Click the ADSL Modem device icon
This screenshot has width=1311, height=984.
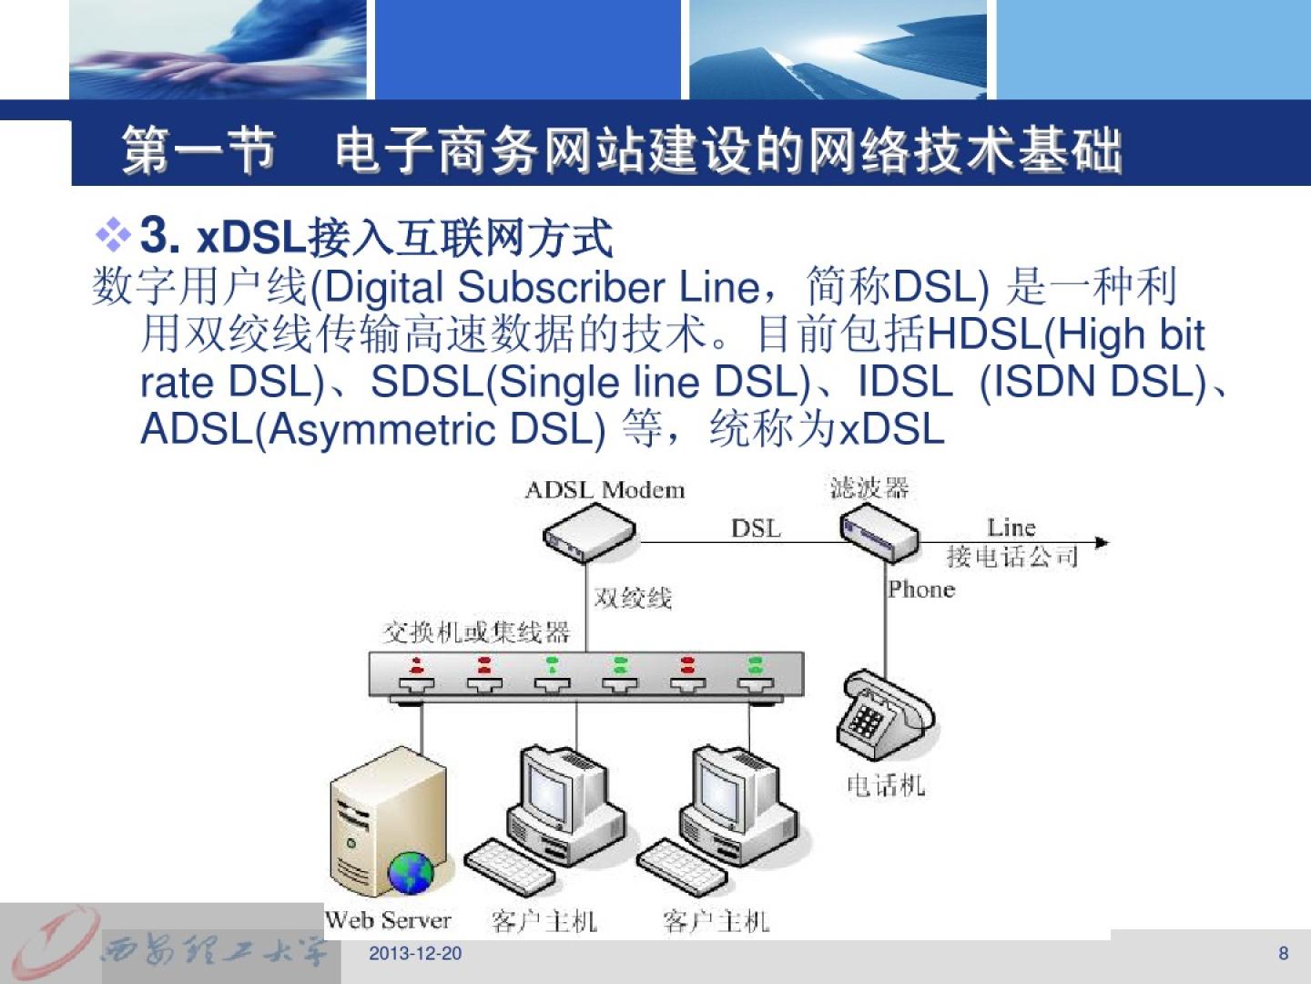589,533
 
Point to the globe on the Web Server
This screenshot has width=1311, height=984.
412,872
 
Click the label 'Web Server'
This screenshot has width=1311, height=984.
388,920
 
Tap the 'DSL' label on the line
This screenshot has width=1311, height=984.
756,528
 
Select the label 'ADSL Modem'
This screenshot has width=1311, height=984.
605,490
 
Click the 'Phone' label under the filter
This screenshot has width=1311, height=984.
921,589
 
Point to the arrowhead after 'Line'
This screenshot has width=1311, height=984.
1103,542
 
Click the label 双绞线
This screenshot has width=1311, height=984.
633,598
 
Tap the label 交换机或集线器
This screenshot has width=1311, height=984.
476,631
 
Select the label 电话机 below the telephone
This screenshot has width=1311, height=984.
886,784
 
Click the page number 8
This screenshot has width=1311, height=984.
1284,953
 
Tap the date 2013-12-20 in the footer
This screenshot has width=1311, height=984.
415,953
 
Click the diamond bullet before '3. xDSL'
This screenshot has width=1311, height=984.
114,235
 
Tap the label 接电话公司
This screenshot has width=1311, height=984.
1012,556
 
